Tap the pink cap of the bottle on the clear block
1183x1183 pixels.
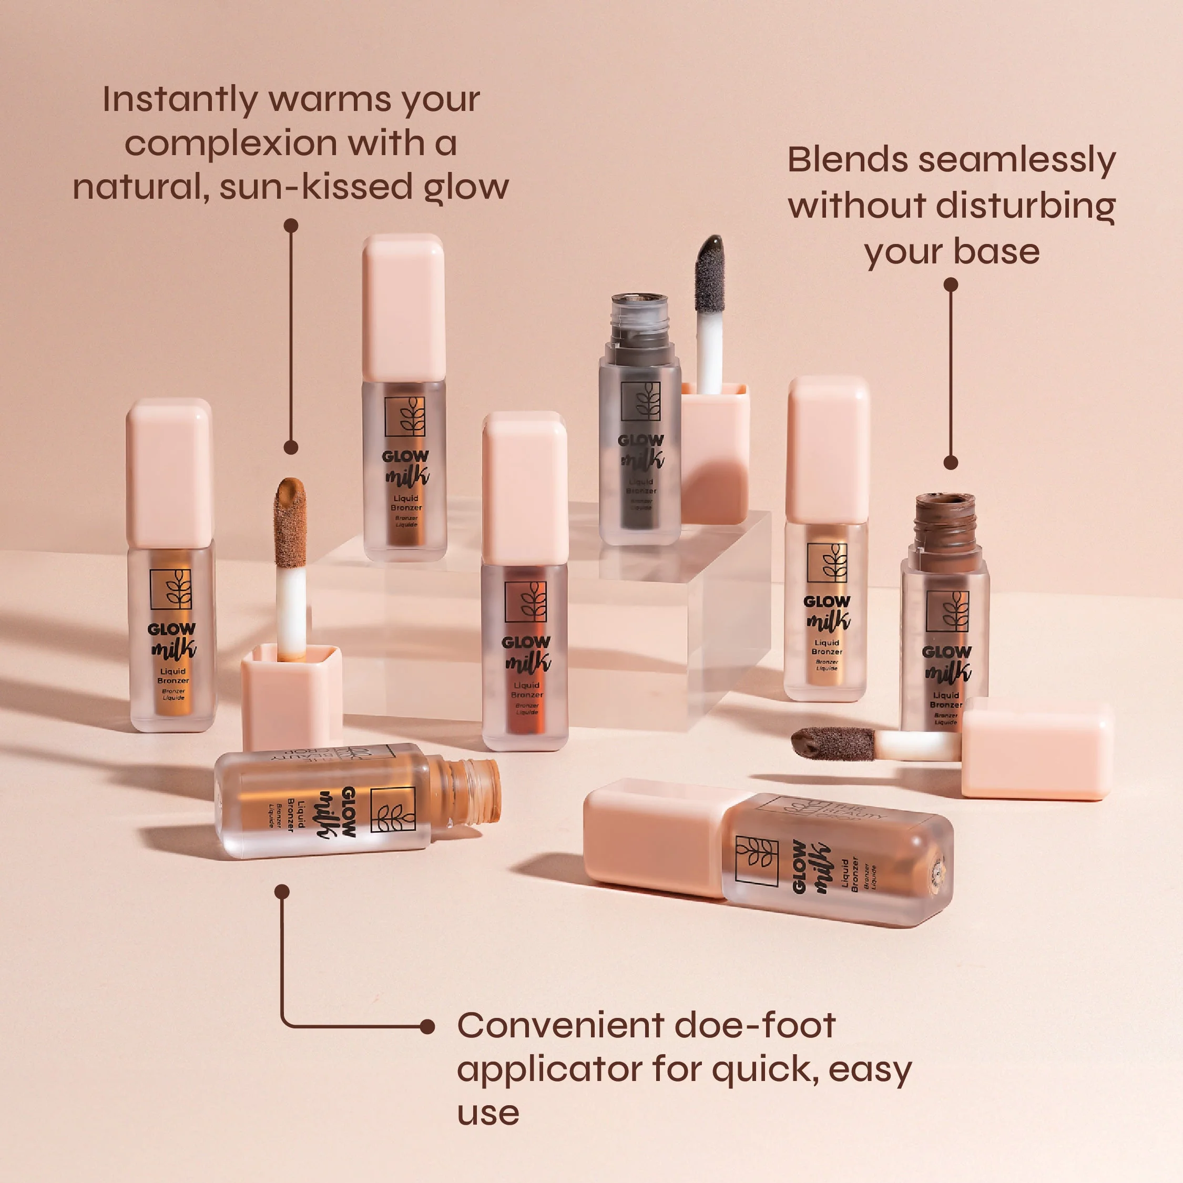pyautogui.click(x=403, y=308)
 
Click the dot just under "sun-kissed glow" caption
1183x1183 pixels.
pyautogui.click(x=291, y=226)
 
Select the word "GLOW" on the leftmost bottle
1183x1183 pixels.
pyautogui.click(x=171, y=629)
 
